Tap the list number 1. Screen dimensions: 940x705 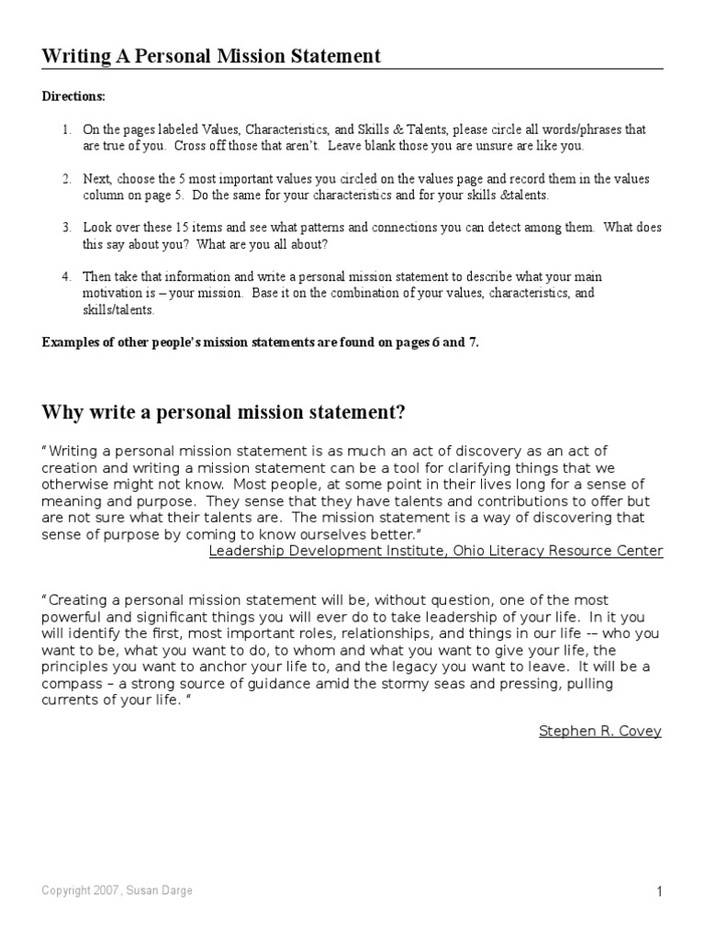pyautogui.click(x=66, y=129)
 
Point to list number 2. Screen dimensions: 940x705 pyautogui.click(x=66, y=178)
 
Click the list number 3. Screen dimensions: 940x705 pyautogui.click(x=66, y=227)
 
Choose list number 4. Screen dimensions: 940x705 pyautogui.click(x=66, y=276)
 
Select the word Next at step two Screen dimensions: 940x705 pyautogui.click(x=97, y=178)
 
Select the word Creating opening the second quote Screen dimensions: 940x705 pyautogui.click(x=80, y=599)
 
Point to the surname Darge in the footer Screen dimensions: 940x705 pyautogui.click(x=178, y=891)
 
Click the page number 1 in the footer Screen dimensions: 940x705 pyautogui.click(x=659, y=892)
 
